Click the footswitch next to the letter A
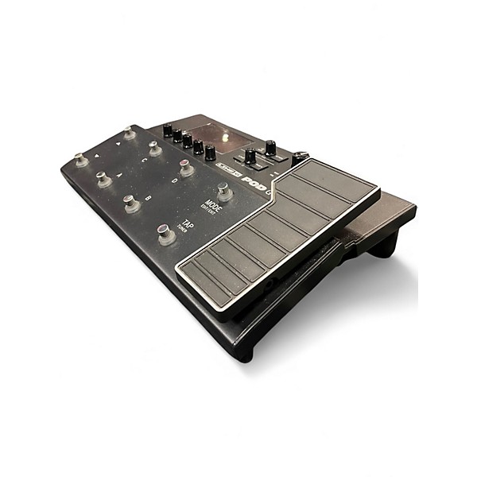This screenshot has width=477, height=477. pos(104,179)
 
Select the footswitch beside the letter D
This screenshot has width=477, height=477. pos(185,167)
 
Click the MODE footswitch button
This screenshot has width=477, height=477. pos(225,192)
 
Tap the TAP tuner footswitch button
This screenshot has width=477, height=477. pos(166,235)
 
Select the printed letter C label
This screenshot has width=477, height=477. pos(143,159)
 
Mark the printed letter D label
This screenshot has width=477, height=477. pos(173,180)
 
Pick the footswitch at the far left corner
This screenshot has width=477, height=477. pos(81,159)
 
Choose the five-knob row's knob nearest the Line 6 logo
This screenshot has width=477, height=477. pos(210,153)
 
